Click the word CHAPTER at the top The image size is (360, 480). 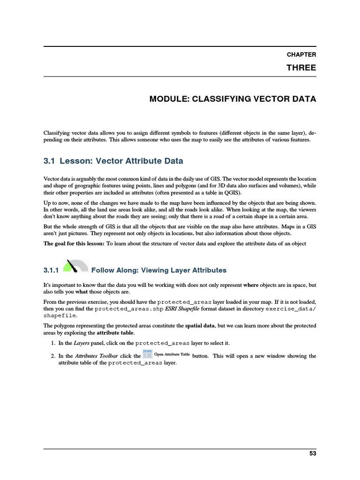(x=301, y=55)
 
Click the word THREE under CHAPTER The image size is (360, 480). (x=301, y=68)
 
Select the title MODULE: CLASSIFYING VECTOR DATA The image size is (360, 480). (x=232, y=99)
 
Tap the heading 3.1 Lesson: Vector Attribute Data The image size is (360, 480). (x=113, y=161)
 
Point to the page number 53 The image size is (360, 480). (x=313, y=453)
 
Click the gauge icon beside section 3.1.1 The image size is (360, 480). (x=75, y=266)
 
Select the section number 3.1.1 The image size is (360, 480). (x=51, y=270)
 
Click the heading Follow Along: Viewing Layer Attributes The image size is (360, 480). (x=159, y=270)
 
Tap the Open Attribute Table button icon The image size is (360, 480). (x=148, y=354)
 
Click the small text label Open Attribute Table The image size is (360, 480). (x=172, y=354)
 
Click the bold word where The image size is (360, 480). (x=251, y=285)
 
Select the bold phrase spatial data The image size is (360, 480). (x=200, y=325)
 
